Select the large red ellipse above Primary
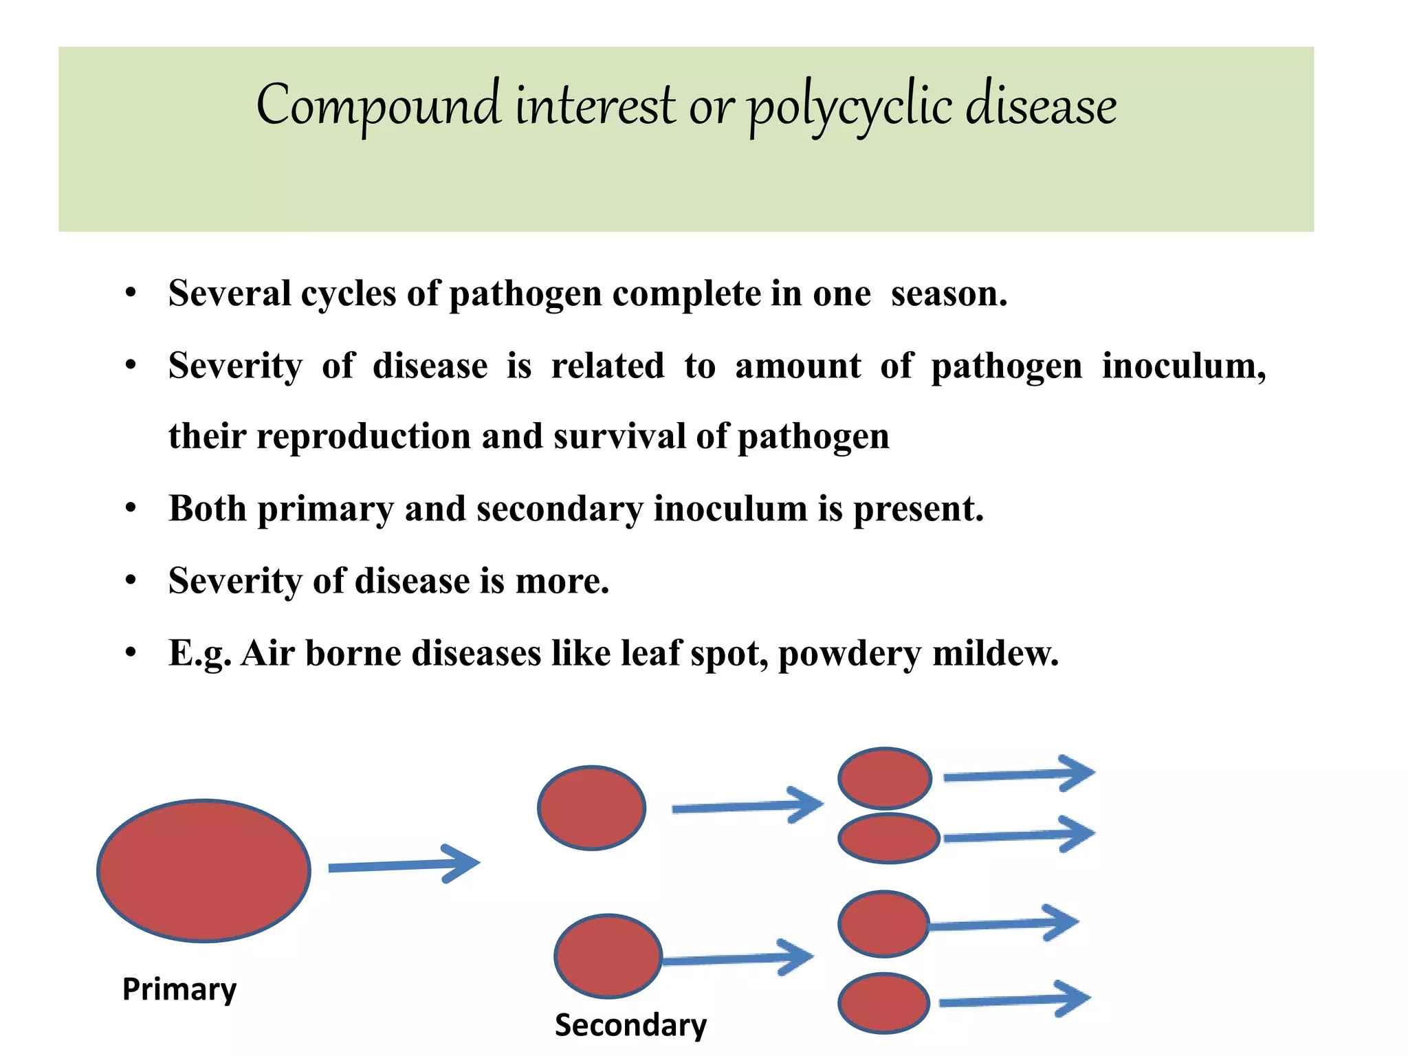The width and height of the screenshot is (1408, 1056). (204, 870)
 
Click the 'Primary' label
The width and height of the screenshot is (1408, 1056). (179, 990)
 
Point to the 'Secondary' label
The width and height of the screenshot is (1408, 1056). (630, 1025)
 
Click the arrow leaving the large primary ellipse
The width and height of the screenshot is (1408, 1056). (404, 865)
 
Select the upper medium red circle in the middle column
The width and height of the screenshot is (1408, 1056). (591, 808)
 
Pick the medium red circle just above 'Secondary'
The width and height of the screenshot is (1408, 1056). (608, 956)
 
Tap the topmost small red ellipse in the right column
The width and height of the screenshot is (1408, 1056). (885, 778)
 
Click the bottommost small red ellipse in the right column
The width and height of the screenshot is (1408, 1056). (884, 1003)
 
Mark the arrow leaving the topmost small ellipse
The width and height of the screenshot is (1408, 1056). (1019, 775)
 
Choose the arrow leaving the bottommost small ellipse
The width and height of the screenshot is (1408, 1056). (1015, 1000)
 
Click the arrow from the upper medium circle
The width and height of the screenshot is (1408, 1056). (747, 806)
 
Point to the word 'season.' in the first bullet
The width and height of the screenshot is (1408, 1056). (949, 294)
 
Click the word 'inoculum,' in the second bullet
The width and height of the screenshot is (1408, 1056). (1183, 366)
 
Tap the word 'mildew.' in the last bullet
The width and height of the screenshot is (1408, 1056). (995, 653)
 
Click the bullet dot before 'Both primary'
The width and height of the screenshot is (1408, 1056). (131, 509)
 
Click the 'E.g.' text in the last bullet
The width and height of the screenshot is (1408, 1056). (199, 653)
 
